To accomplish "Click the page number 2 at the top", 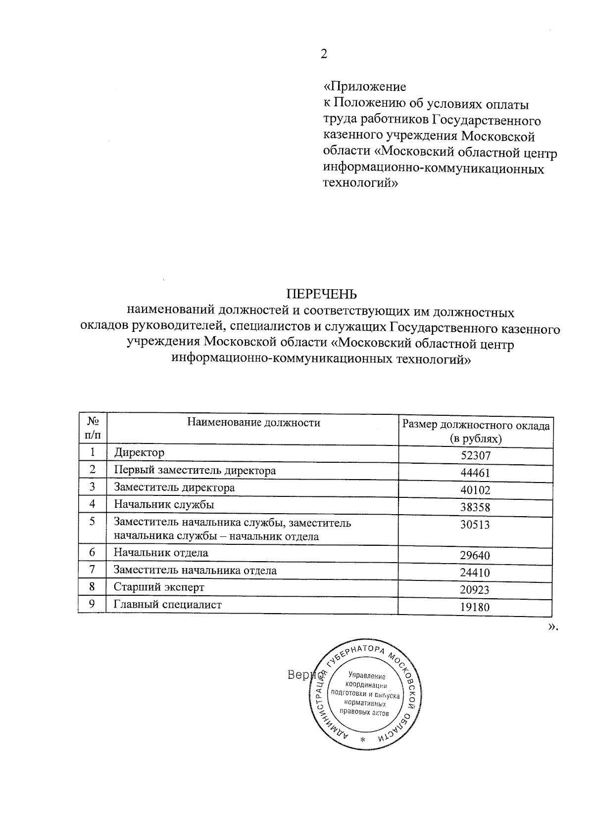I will click(x=324, y=54).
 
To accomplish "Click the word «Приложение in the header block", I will click(x=364, y=87).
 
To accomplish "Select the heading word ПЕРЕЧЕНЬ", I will click(x=322, y=295).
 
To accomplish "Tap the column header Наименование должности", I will click(x=253, y=423).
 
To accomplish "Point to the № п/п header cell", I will click(x=93, y=429).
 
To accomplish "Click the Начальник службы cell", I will click(x=164, y=505).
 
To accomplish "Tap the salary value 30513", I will click(x=475, y=525).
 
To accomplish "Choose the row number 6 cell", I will click(x=92, y=553).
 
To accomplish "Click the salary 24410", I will click(x=475, y=573).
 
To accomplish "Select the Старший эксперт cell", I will click(x=159, y=587).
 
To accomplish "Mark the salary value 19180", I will click(x=475, y=608).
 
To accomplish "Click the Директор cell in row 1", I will click(x=139, y=453).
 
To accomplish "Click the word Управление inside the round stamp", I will click(x=366, y=675).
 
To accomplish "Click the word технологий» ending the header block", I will click(x=360, y=183).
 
